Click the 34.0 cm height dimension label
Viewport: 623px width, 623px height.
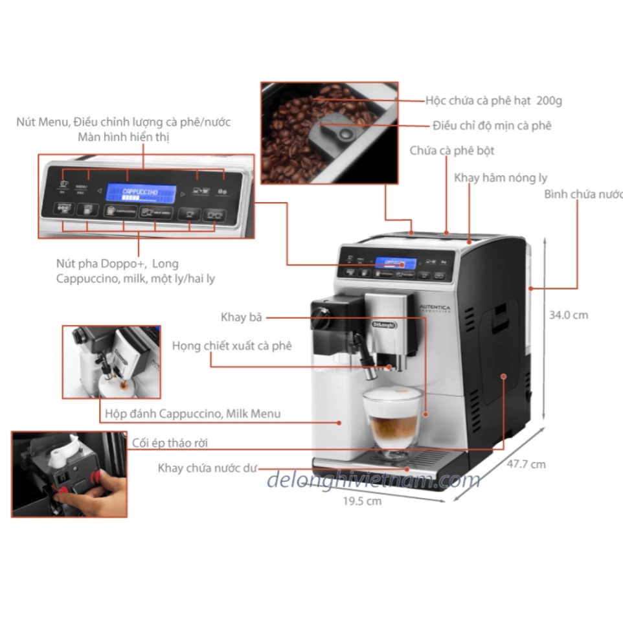(x=568, y=315)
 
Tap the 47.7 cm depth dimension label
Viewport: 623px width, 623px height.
(x=526, y=464)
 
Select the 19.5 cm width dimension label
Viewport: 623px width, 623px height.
(x=362, y=501)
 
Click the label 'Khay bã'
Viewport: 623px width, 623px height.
(x=242, y=317)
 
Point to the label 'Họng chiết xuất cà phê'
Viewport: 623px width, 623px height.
(x=232, y=346)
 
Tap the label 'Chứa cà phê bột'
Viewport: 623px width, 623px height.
(x=451, y=150)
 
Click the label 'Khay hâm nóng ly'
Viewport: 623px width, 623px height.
(x=500, y=177)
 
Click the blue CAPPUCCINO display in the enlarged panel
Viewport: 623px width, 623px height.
(x=141, y=193)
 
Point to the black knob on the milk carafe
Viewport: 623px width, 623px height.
(x=319, y=313)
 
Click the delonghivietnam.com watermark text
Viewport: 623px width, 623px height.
(x=373, y=481)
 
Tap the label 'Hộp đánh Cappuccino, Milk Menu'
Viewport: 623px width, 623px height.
(x=192, y=413)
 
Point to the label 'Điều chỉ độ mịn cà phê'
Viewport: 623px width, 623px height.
(x=492, y=126)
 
